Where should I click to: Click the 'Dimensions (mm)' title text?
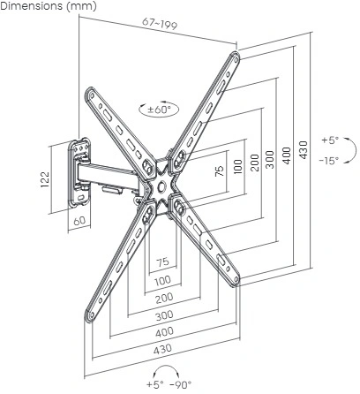click(49, 6)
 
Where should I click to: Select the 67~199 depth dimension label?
click(160, 24)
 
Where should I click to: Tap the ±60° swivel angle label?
click(159, 110)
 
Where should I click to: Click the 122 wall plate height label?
click(45, 179)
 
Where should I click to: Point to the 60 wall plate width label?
click(79, 221)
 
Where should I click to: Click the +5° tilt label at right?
click(330, 140)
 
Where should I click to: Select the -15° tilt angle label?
click(329, 161)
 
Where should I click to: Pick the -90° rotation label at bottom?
click(181, 384)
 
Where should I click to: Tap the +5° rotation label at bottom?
click(154, 384)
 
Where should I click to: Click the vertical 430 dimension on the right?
click(304, 150)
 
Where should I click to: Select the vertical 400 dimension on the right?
click(287, 155)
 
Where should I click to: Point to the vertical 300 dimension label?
click(270, 160)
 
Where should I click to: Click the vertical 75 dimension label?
click(220, 171)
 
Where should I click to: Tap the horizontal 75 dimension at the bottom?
click(162, 261)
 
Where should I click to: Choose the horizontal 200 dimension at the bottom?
click(164, 299)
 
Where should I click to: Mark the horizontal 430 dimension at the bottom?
click(162, 349)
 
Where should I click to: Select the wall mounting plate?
click(79, 172)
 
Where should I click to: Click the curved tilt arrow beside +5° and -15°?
click(352, 150)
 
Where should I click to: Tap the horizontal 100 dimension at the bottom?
click(162, 280)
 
